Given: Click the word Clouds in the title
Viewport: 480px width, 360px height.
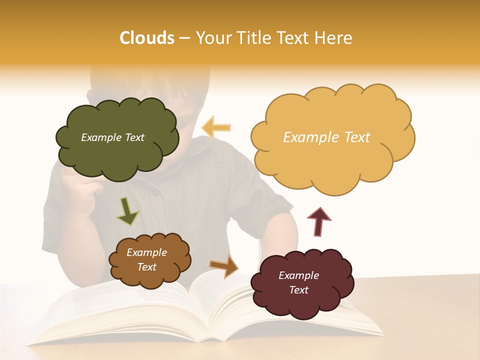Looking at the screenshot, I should [x=146, y=38].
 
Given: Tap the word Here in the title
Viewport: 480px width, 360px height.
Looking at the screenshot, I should [x=334, y=38].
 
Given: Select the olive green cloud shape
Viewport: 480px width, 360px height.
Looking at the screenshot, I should [x=117, y=137].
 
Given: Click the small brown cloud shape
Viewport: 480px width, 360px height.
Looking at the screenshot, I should [x=149, y=260].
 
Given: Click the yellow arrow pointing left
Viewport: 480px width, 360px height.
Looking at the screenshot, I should [x=216, y=127].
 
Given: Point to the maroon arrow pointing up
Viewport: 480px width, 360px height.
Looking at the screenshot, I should [x=318, y=221].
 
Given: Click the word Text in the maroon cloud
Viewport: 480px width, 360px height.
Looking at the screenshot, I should [x=298, y=290].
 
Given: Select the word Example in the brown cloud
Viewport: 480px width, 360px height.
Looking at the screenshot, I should [x=147, y=252].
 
